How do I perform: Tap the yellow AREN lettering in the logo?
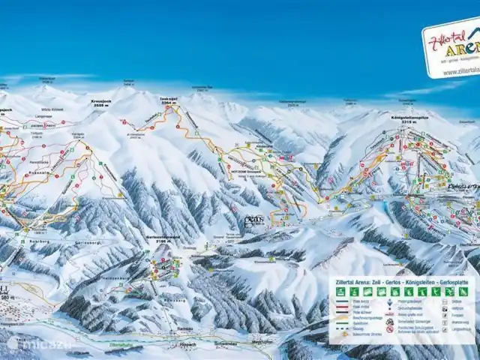tap(463, 50)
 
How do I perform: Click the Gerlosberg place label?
tap(88, 243)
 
